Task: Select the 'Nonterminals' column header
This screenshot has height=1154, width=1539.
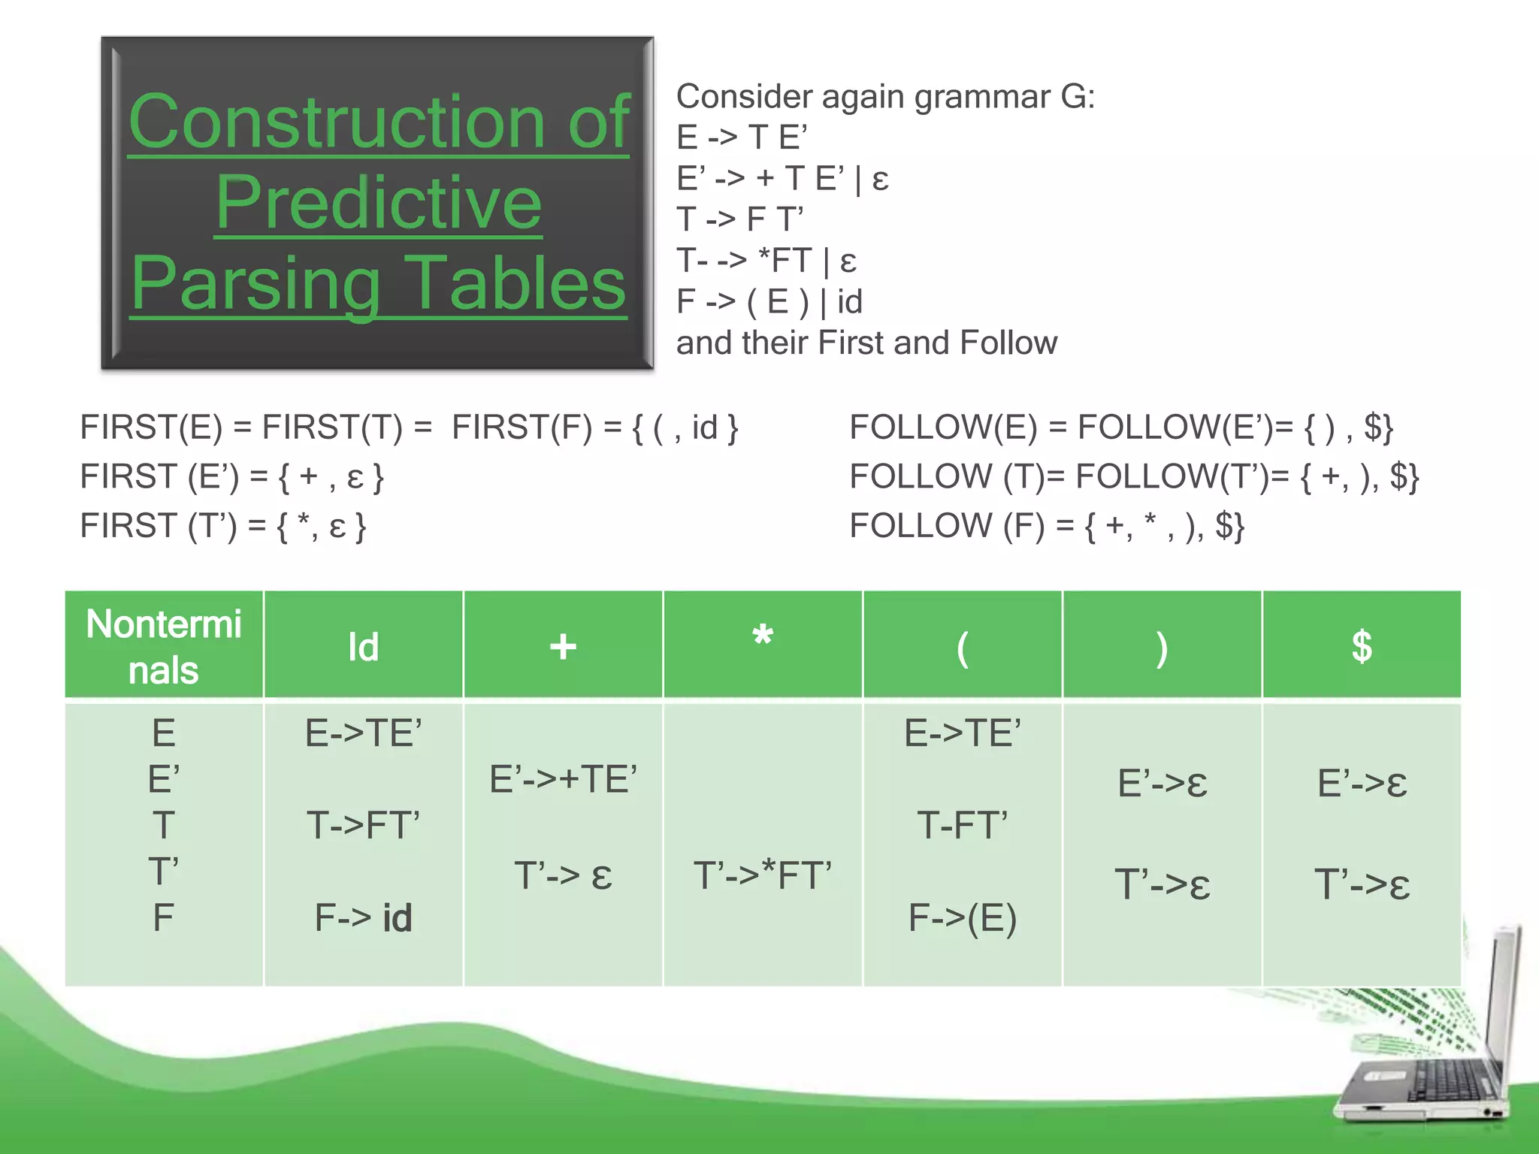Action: coord(164,646)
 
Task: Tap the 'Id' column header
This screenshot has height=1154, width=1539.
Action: coord(363,647)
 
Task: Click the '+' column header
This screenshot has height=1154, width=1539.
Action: coord(563,647)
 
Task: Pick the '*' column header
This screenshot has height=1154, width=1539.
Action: coord(762,639)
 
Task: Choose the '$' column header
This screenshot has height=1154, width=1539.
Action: coord(1362,647)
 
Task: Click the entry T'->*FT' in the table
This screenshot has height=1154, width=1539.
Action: coord(762,875)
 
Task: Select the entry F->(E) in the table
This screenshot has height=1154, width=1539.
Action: coord(962,917)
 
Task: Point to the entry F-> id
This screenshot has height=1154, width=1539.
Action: coord(363,917)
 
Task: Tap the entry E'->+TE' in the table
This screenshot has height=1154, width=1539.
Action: coord(563,779)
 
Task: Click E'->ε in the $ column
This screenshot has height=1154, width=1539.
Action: coord(1362,783)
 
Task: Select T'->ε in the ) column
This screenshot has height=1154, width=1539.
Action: coord(1162,884)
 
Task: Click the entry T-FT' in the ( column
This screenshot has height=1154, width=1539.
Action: coord(962,825)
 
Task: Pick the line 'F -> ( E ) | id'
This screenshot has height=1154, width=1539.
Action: coord(769,301)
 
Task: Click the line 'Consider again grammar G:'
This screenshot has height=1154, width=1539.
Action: coord(885,96)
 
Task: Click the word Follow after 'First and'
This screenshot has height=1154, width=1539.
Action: coord(1008,343)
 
